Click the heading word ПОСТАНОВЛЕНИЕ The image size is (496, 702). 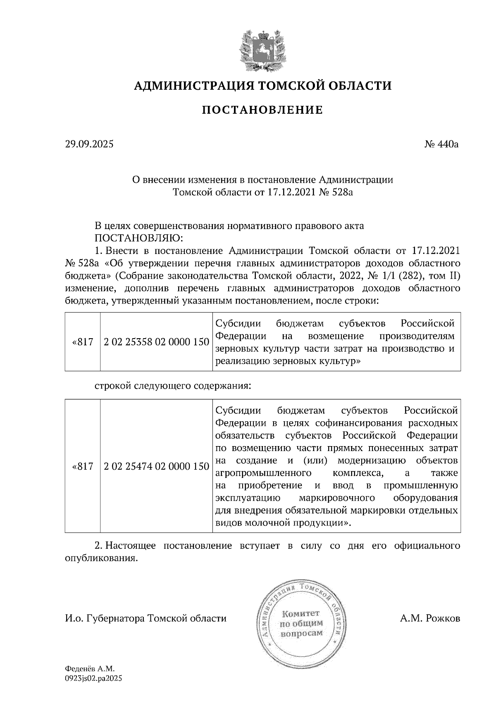[x=262, y=110]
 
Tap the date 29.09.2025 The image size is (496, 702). [x=89, y=144]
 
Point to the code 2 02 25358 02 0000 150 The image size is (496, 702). [x=156, y=342]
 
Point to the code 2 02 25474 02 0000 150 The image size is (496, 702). [x=156, y=466]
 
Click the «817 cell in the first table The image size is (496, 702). [x=83, y=342]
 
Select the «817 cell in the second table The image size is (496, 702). [x=83, y=466]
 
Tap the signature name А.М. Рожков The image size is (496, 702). [x=430, y=618]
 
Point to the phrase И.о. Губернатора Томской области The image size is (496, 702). [x=146, y=618]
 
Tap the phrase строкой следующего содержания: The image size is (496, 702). [x=173, y=386]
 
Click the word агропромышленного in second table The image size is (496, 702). [x=264, y=473]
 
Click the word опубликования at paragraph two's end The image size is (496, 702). [x=100, y=558]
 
